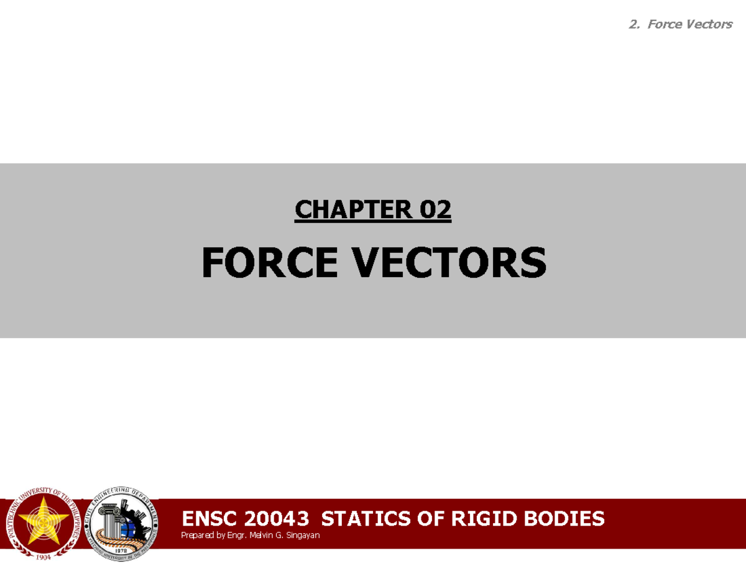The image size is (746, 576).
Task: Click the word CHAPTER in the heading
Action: click(x=352, y=210)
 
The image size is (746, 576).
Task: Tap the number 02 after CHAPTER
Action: click(x=435, y=210)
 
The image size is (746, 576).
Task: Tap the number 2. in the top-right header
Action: click(x=634, y=24)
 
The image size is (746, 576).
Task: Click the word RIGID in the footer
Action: click(x=474, y=518)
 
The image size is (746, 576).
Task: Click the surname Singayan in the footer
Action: click(x=303, y=535)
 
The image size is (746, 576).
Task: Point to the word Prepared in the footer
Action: click(x=196, y=535)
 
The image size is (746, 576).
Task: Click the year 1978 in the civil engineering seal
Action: click(x=122, y=550)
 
